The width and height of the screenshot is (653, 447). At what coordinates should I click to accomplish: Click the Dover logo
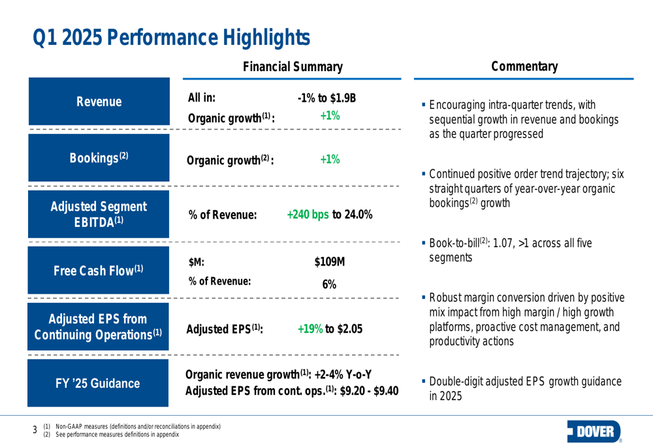point(596,431)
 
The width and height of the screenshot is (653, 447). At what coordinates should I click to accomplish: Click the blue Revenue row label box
point(99,102)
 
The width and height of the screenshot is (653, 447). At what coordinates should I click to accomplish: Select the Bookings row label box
point(99,157)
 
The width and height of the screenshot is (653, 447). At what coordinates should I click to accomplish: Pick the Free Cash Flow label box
point(99,270)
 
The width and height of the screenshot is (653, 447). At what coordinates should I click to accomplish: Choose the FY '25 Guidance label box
point(99,382)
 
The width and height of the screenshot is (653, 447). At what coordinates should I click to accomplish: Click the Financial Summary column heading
point(293,66)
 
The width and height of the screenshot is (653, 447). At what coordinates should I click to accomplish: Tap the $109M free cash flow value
point(329,262)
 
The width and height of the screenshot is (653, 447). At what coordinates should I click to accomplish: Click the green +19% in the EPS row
point(310,329)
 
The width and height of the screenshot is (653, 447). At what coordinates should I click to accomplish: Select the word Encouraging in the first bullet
point(458,106)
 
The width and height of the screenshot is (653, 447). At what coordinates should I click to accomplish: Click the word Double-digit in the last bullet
point(457,382)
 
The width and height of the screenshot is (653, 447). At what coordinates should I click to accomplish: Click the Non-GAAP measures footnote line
point(137,426)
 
